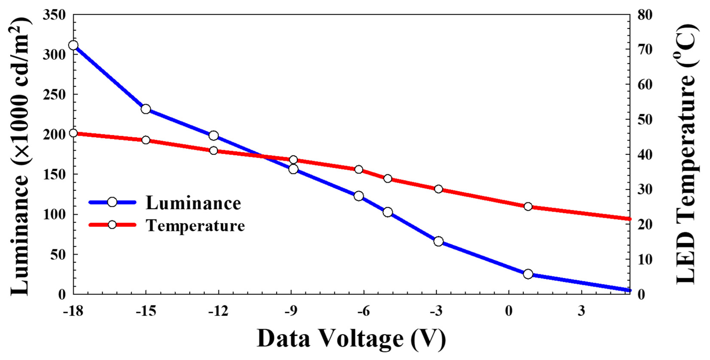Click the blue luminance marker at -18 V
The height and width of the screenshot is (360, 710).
[74, 45]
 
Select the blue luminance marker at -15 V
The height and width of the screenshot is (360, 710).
[146, 109]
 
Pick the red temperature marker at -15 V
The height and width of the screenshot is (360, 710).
[146, 140]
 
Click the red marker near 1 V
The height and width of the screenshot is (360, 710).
[528, 207]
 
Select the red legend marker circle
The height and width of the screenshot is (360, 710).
[112, 225]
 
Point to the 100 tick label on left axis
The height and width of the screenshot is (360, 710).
[54, 215]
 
